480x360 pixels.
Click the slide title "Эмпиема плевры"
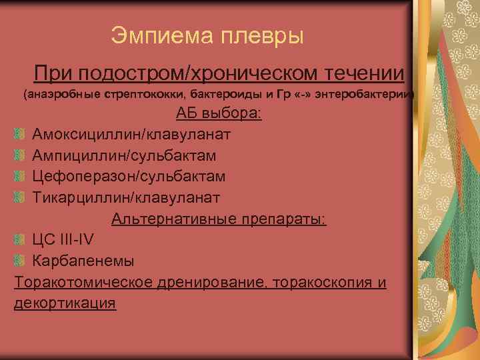(x=207, y=35)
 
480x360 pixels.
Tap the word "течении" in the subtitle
(x=369, y=71)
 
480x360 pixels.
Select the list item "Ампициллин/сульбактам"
(x=125, y=155)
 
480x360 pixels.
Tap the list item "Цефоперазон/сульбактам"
(x=129, y=176)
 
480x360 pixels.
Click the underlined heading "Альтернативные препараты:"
(x=219, y=219)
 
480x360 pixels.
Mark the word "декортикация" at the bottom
(x=65, y=303)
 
